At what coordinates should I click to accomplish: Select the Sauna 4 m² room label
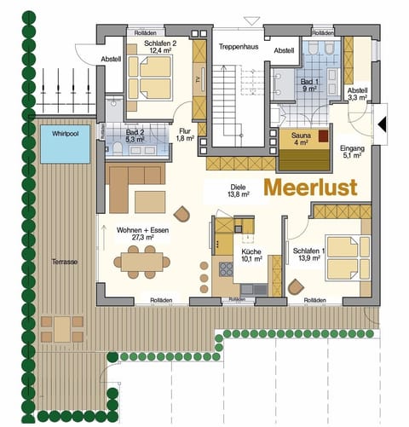(301, 139)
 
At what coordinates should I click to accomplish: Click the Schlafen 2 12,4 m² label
(161, 48)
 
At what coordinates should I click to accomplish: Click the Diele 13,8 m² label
(239, 190)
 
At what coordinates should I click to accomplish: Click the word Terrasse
(63, 263)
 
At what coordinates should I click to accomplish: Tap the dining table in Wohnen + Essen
(139, 262)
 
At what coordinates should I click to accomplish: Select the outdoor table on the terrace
(62, 326)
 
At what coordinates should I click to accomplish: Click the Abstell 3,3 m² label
(357, 95)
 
